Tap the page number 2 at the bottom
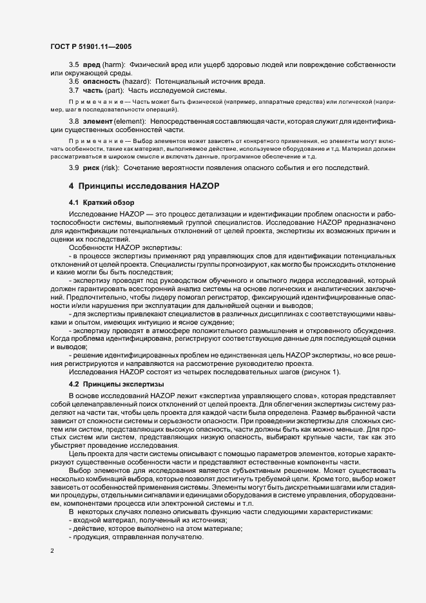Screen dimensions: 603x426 [x=52, y=550]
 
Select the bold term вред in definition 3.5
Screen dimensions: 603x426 [x=92, y=65]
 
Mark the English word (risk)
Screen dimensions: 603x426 [x=111, y=168]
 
